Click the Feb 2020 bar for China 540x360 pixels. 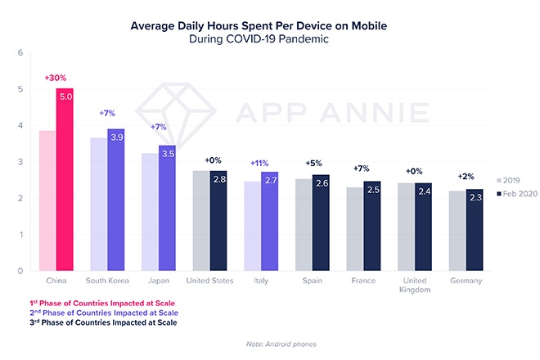[65, 180]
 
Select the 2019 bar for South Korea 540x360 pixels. [99, 205]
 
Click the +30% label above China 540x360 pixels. [55, 78]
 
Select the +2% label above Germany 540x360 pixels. [466, 177]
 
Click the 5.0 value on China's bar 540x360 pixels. [65, 96]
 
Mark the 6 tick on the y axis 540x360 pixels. [20, 53]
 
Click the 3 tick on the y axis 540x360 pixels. [20, 162]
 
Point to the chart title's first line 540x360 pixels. [270, 25]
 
